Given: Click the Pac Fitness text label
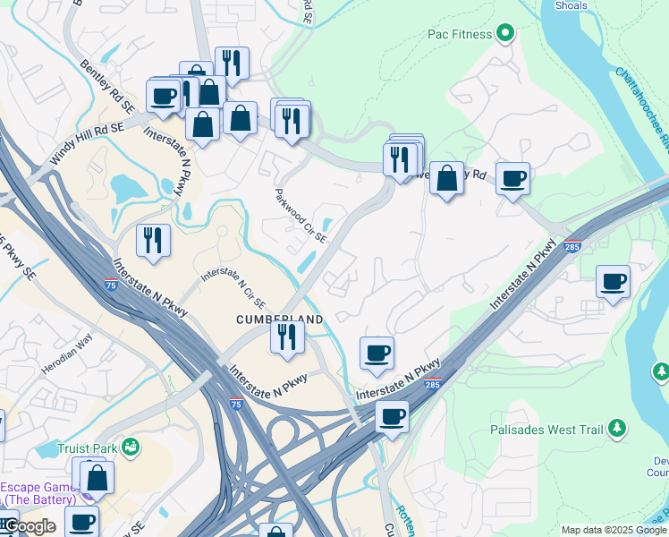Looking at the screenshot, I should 460,34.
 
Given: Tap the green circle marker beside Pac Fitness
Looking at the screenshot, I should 505,34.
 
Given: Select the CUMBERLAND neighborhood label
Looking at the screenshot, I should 278,319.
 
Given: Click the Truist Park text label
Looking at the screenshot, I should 88,447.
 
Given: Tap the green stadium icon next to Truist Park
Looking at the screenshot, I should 131,446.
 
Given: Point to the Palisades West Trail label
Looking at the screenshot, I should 546,430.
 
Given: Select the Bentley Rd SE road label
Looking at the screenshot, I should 107,86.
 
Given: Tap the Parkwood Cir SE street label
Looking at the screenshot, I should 301,216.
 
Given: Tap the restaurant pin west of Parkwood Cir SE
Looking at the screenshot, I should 153,240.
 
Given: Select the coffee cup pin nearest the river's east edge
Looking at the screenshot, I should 613,281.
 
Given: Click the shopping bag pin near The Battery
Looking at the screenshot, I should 97,477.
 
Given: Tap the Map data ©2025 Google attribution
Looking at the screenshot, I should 614,530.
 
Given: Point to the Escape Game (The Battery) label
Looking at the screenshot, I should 40,493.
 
